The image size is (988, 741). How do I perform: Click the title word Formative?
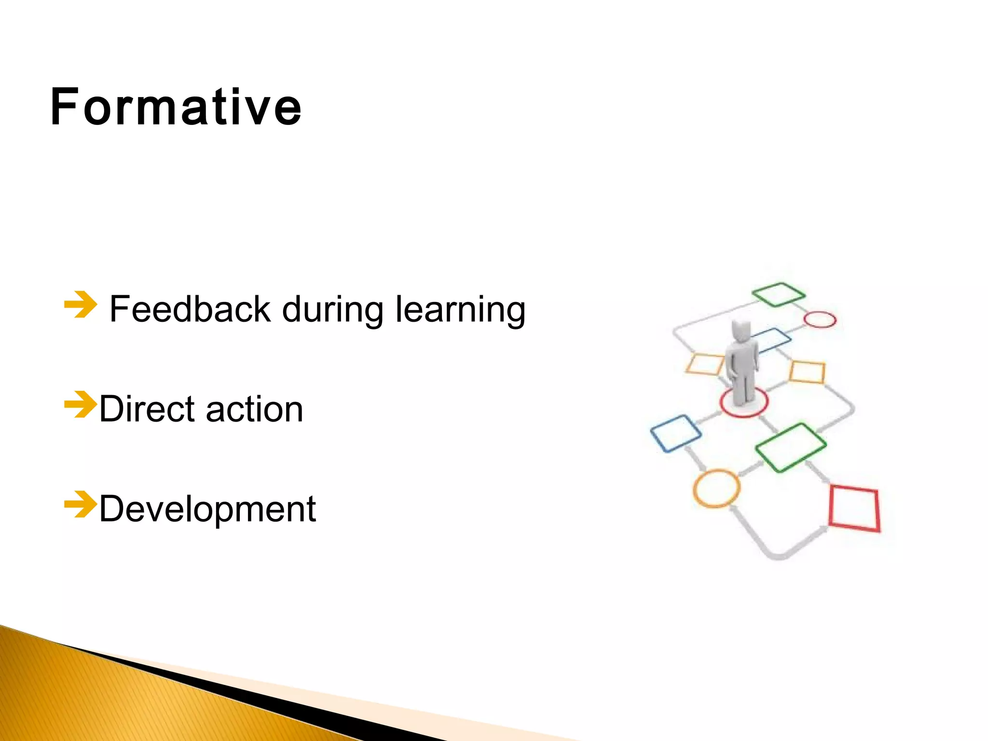pos(176,107)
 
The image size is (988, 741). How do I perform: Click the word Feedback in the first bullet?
pos(190,309)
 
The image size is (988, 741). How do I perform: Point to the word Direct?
pos(149,409)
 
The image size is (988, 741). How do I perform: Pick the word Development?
pos(207,509)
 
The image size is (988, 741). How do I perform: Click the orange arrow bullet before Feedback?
pos(80,304)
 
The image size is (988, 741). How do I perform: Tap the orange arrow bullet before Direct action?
pos(80,404)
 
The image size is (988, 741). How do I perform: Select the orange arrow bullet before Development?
pos(80,504)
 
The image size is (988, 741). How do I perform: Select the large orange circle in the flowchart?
pos(716,488)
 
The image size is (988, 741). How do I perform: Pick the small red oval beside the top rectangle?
pos(820,319)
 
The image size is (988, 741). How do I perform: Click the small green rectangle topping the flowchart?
pos(778,294)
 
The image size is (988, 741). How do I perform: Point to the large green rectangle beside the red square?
pos(790,447)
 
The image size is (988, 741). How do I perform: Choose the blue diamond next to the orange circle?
pos(675,433)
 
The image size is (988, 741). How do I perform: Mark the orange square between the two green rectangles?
pos(807,372)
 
